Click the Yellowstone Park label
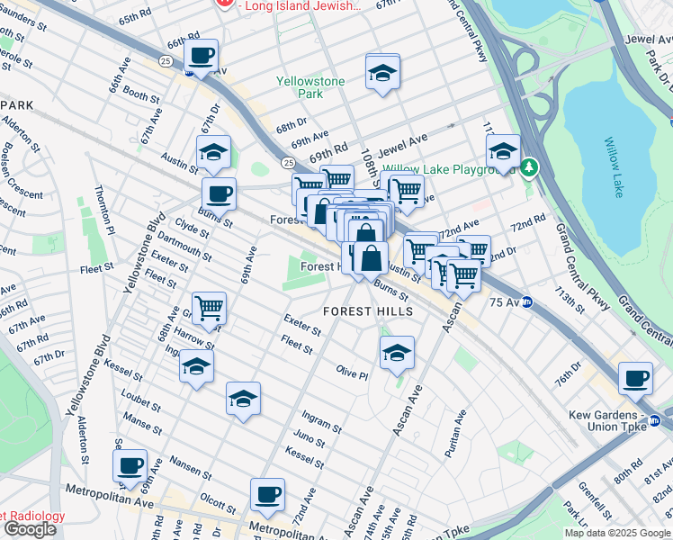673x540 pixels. click(x=310, y=87)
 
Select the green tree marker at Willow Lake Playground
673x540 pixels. click(x=531, y=166)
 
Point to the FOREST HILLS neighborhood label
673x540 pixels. click(x=368, y=311)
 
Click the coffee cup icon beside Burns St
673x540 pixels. click(x=219, y=193)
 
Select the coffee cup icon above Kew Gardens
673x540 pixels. click(x=636, y=378)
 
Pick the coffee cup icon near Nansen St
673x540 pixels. click(x=131, y=465)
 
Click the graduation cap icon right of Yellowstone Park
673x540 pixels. click(x=383, y=74)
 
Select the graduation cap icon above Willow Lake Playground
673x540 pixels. click(x=503, y=149)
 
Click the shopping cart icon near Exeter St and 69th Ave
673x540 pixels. click(x=209, y=308)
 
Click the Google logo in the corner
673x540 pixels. click(x=30, y=529)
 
